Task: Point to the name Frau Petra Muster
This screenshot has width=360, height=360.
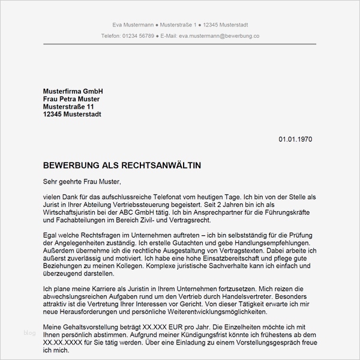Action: pyautogui.click(x=71, y=98)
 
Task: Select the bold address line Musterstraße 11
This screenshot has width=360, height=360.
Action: pyautogui.click(x=68, y=106)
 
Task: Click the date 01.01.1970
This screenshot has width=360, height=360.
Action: pyautogui.click(x=295, y=139)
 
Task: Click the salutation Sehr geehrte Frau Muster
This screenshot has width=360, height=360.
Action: pyautogui.click(x=82, y=181)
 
